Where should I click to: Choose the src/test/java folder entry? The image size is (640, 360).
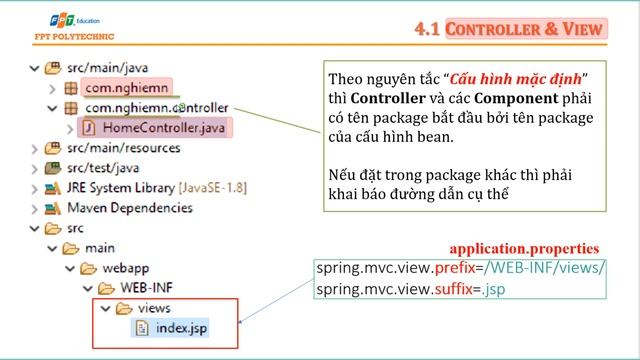(x=107, y=167)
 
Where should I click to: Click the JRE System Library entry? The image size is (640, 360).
(x=151, y=187)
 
